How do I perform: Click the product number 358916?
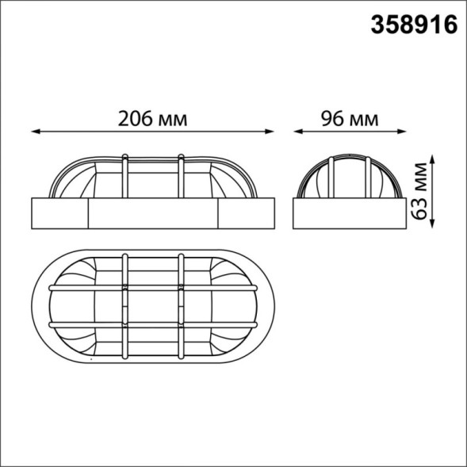pos(415,25)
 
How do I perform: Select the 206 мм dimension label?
pos(153,118)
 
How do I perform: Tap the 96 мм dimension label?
pos(349,118)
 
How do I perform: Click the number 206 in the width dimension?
pos(136,118)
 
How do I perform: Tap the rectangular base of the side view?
pos(349,212)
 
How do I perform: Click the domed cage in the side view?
pos(349,176)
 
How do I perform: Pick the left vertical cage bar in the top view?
pos(125,305)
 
